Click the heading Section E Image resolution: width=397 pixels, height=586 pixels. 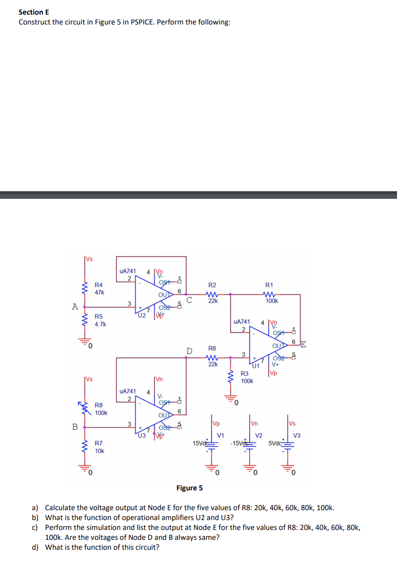click(x=34, y=12)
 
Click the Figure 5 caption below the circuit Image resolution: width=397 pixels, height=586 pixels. click(x=190, y=488)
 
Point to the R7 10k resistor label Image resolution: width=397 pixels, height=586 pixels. click(x=99, y=447)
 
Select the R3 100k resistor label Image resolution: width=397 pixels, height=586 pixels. click(x=247, y=377)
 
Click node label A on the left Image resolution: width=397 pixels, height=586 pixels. click(x=74, y=306)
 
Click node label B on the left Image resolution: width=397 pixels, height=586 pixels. click(x=74, y=427)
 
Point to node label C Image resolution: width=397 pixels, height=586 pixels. click(x=189, y=300)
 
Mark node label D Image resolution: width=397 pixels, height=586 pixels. click(x=189, y=351)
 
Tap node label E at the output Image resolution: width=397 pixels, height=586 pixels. click(x=303, y=343)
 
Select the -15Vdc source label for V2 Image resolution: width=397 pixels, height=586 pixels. click(x=240, y=443)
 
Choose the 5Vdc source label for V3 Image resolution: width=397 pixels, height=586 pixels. click(x=277, y=443)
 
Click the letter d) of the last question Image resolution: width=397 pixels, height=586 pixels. click(x=34, y=547)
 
